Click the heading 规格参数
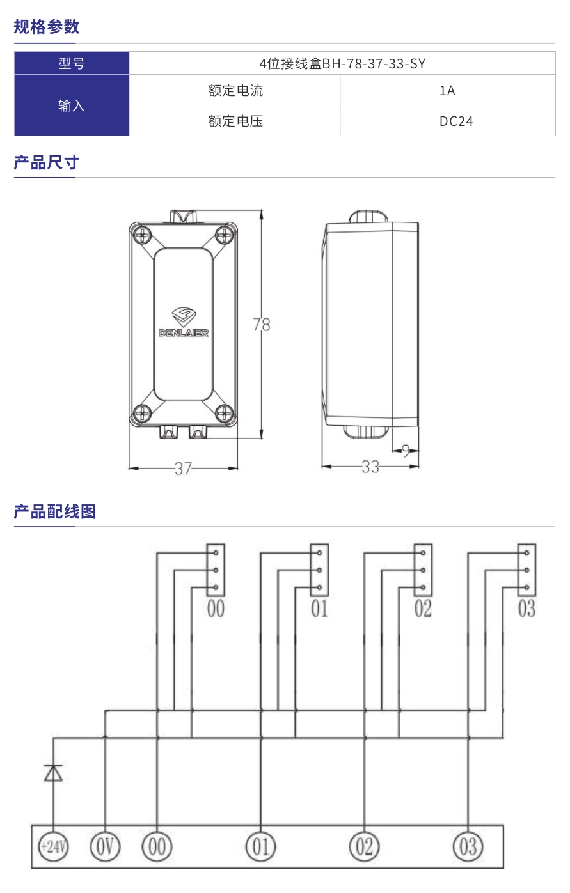tap(47, 26)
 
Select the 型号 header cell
tap(72, 63)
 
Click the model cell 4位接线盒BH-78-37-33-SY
tap(342, 63)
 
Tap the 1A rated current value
tap(447, 90)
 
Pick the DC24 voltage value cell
tap(455, 121)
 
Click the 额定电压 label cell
tap(235, 121)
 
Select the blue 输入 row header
tap(72, 105)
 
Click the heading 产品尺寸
tap(47, 162)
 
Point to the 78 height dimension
tap(261, 325)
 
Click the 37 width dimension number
tap(184, 469)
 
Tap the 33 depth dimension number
tap(370, 467)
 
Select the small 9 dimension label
tap(406, 451)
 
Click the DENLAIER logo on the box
tap(184, 322)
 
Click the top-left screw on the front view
tap(142, 235)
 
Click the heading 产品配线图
tap(55, 511)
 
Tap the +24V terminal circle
tap(53, 847)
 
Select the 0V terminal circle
tap(105, 847)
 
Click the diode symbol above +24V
tap(53, 773)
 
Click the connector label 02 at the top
tap(423, 609)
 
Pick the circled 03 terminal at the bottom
tap(468, 847)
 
